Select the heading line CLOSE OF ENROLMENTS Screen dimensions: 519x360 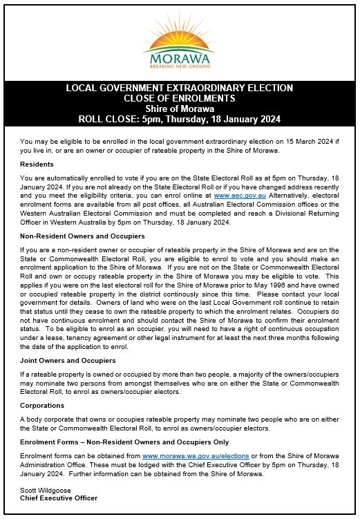tap(179, 98)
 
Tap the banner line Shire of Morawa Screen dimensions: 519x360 tap(179, 108)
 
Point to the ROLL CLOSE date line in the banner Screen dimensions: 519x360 tap(179, 119)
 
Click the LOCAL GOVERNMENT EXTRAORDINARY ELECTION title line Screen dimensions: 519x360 tap(179, 88)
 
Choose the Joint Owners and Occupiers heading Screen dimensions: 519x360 tap(68, 361)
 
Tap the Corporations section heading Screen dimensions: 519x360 tap(42, 406)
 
